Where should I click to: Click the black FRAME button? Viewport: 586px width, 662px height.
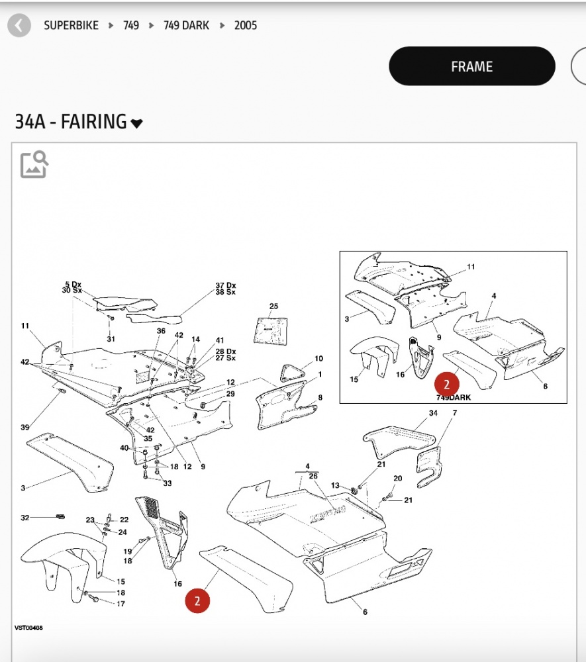pyautogui.click(x=471, y=66)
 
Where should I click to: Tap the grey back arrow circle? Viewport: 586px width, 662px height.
pyautogui.click(x=19, y=25)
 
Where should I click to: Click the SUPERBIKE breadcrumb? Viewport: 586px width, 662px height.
pyautogui.click(x=71, y=25)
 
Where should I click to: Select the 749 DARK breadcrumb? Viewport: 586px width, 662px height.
pyautogui.click(x=186, y=25)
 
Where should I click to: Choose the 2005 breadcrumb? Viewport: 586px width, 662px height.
pyautogui.click(x=246, y=25)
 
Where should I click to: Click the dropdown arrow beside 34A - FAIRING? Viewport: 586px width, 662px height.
pyautogui.click(x=136, y=123)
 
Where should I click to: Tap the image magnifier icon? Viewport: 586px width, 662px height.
pyautogui.click(x=34, y=164)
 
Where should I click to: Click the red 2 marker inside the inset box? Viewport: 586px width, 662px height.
pyautogui.click(x=447, y=384)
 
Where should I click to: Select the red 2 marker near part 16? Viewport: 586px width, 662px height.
pyautogui.click(x=197, y=600)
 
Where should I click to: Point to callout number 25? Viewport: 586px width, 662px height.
pyautogui.click(x=273, y=306)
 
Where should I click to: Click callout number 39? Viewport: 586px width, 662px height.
pyautogui.click(x=25, y=427)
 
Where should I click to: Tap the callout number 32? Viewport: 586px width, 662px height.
pyautogui.click(x=25, y=518)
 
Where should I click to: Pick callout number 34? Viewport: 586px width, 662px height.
pyautogui.click(x=433, y=413)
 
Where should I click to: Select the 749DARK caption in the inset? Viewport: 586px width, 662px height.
pyautogui.click(x=454, y=397)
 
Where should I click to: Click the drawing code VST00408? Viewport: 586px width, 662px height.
pyautogui.click(x=28, y=628)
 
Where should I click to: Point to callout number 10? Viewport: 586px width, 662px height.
pyautogui.click(x=318, y=358)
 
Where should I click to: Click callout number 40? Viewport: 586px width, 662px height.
pyautogui.click(x=124, y=448)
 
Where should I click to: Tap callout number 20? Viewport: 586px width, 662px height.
pyautogui.click(x=398, y=479)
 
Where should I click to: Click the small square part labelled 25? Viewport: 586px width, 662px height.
pyautogui.click(x=271, y=330)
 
